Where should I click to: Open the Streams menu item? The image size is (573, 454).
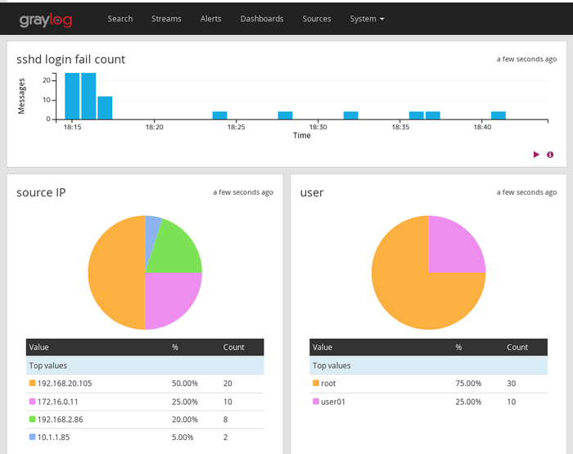(x=166, y=19)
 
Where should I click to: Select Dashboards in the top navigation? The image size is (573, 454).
(x=262, y=19)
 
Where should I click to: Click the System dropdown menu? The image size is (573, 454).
(x=367, y=19)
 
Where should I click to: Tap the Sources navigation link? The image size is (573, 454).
(x=317, y=19)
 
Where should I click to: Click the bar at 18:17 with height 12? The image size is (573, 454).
(x=105, y=108)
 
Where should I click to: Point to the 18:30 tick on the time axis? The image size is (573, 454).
(x=318, y=127)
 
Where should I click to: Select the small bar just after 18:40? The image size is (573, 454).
(x=499, y=115)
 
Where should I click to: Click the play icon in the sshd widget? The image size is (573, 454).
(x=536, y=155)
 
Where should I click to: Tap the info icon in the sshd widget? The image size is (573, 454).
(x=550, y=155)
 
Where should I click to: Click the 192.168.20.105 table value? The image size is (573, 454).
(x=65, y=383)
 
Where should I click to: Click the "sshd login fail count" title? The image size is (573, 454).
(x=71, y=59)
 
